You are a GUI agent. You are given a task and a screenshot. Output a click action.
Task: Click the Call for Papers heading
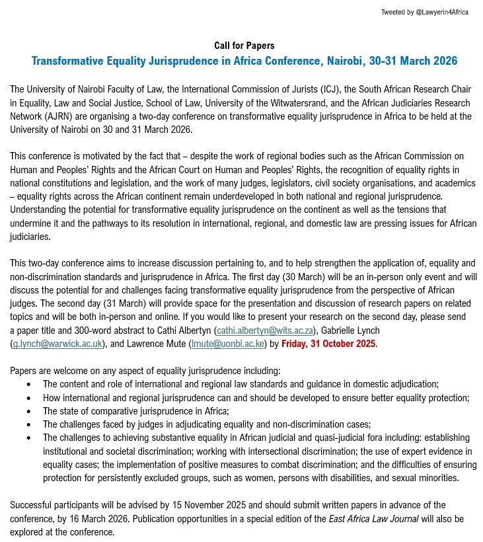point(244,46)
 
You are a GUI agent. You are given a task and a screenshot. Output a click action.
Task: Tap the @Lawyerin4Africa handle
point(441,13)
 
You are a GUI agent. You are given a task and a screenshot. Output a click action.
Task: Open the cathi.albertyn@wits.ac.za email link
point(265,330)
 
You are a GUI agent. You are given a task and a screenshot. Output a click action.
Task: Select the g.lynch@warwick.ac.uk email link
point(57,344)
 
